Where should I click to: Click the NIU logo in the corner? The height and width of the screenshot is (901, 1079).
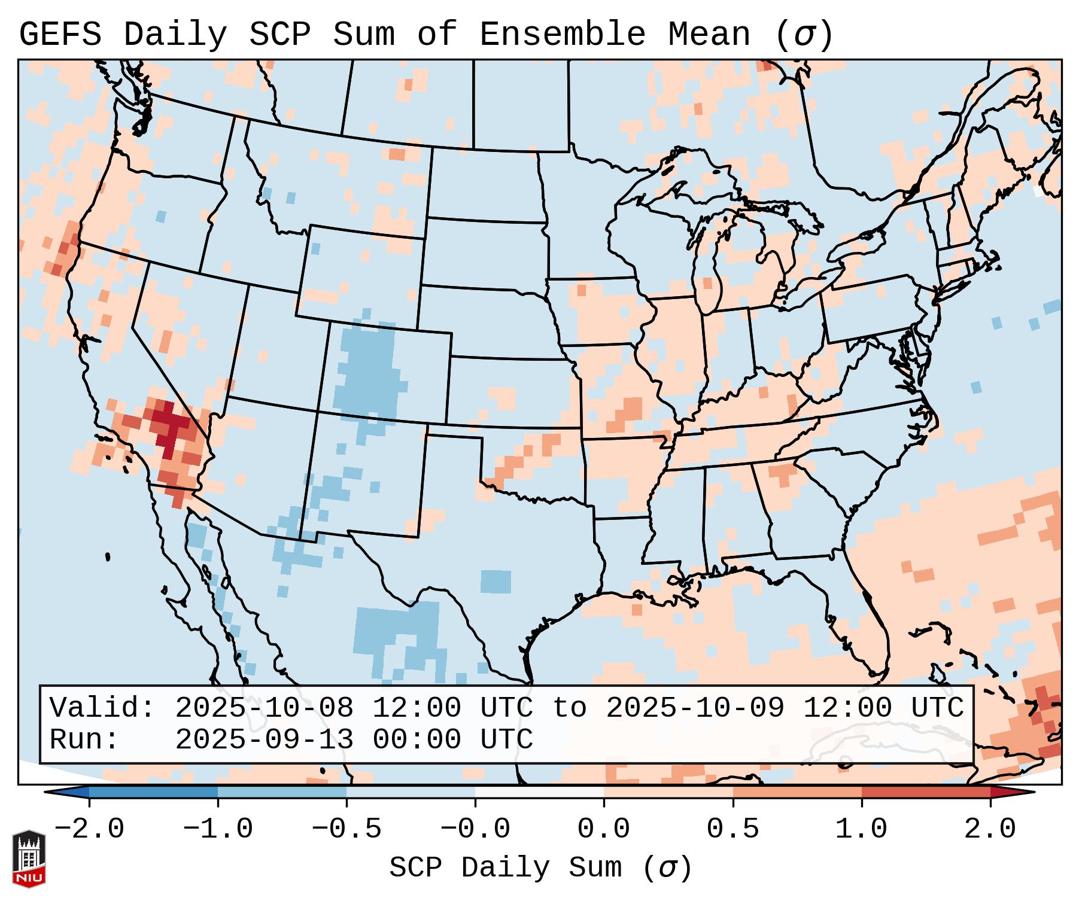[29, 858]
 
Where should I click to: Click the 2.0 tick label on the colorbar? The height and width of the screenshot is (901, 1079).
[990, 829]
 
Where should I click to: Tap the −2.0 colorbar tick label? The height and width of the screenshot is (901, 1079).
[89, 829]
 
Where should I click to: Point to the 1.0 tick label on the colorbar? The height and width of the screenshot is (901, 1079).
[861, 829]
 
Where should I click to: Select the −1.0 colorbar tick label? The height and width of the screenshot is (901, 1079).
[218, 829]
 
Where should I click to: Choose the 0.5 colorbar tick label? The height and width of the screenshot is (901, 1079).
[732, 829]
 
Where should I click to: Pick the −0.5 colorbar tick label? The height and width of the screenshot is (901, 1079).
[347, 829]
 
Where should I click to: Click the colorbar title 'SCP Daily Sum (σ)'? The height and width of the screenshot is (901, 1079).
[540, 867]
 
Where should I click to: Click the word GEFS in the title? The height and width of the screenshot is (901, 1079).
[60, 35]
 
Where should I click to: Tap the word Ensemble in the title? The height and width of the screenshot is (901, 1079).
[563, 35]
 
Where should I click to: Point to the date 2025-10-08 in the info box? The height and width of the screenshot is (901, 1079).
[264, 708]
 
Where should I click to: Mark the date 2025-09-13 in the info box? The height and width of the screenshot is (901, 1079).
[264, 739]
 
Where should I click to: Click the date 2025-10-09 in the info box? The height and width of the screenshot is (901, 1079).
[695, 708]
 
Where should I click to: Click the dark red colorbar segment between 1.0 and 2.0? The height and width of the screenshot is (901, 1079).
[926, 792]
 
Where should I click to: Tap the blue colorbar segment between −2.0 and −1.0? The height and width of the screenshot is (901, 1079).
[153, 792]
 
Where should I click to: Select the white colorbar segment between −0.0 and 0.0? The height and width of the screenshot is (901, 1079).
[539, 792]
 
